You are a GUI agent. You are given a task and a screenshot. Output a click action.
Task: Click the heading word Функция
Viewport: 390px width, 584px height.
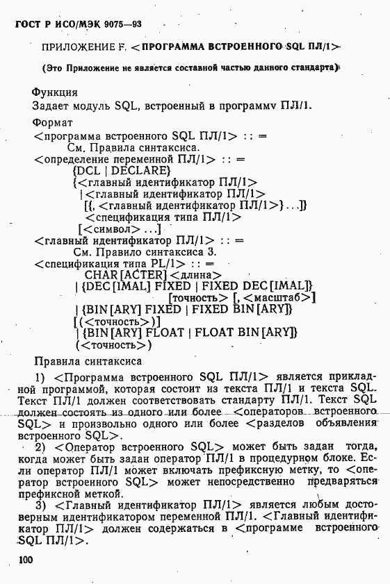tap(55, 92)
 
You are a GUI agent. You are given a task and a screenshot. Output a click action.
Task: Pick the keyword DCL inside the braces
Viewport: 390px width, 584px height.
tap(88, 170)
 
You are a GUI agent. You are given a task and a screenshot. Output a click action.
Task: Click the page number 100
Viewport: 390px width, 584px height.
tap(26, 560)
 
